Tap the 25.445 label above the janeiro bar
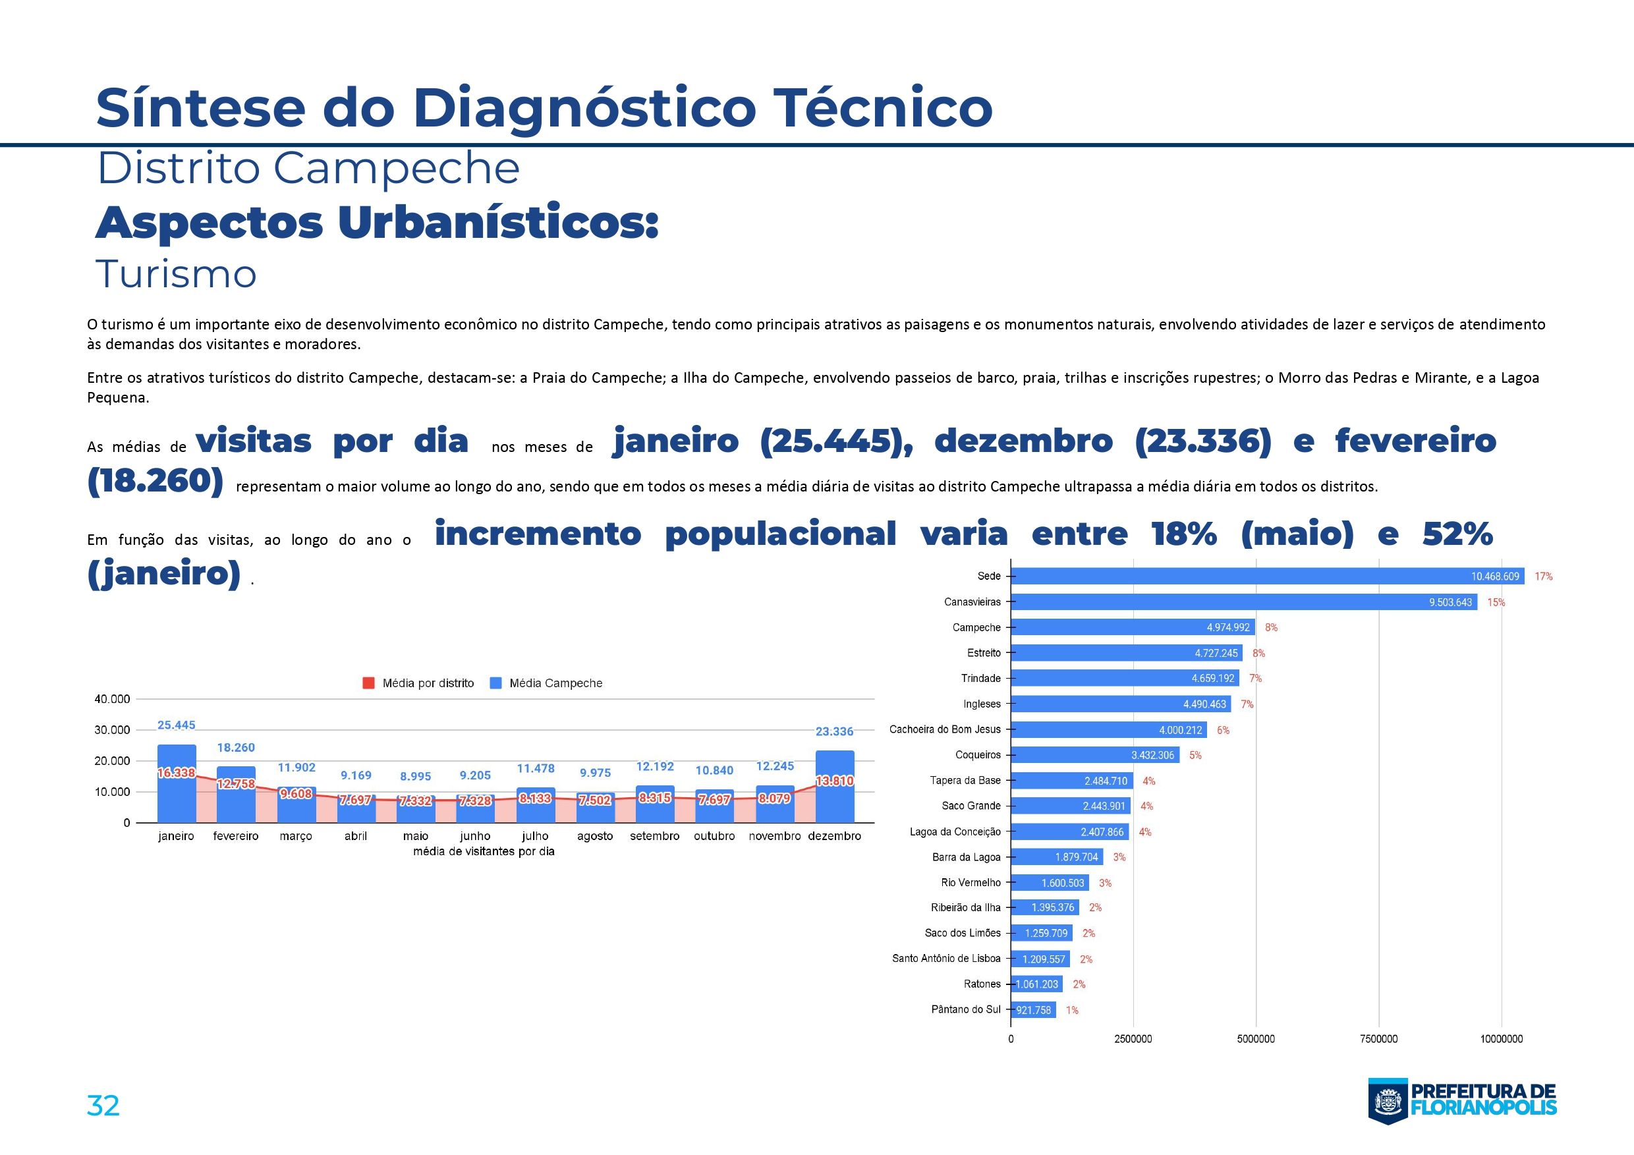click(176, 725)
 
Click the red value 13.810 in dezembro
click(834, 781)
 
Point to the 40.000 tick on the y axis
click(112, 699)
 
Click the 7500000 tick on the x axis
click(1378, 1039)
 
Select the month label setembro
click(654, 836)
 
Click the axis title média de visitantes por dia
click(483, 851)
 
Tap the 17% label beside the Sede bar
click(1544, 577)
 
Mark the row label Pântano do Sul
click(966, 1009)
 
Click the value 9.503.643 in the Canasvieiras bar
click(1450, 602)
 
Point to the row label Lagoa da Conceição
click(955, 831)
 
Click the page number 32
click(103, 1106)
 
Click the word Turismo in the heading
click(176, 274)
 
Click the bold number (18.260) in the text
click(155, 481)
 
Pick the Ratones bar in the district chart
click(1036, 984)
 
